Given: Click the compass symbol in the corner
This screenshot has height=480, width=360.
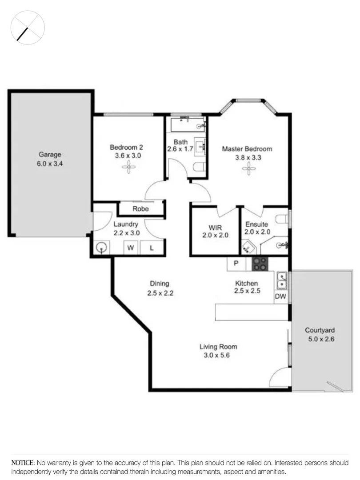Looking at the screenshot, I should [28, 28].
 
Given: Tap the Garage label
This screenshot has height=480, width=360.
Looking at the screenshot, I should [50, 155].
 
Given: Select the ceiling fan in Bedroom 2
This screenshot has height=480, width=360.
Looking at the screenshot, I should [130, 167].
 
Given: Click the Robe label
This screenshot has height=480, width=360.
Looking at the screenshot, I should [141, 208].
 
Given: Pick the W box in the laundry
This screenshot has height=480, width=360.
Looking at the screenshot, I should [131, 248].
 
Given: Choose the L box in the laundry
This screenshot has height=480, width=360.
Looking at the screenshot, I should [151, 248].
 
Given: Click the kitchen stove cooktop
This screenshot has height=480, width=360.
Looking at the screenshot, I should [260, 264].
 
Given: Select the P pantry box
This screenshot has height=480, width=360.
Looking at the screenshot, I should [236, 263].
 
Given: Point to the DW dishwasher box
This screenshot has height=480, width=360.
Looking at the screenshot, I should [280, 296].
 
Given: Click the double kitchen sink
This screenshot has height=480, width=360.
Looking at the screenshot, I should [282, 280].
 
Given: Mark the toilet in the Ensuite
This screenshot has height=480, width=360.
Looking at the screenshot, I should [282, 219].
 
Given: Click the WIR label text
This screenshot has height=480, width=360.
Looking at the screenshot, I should [215, 227].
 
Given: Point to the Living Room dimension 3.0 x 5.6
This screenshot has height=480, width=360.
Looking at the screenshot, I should [218, 355].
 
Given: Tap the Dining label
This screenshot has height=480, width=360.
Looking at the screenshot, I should [159, 284].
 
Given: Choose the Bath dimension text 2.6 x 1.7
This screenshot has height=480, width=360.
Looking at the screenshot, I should [180, 149].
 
